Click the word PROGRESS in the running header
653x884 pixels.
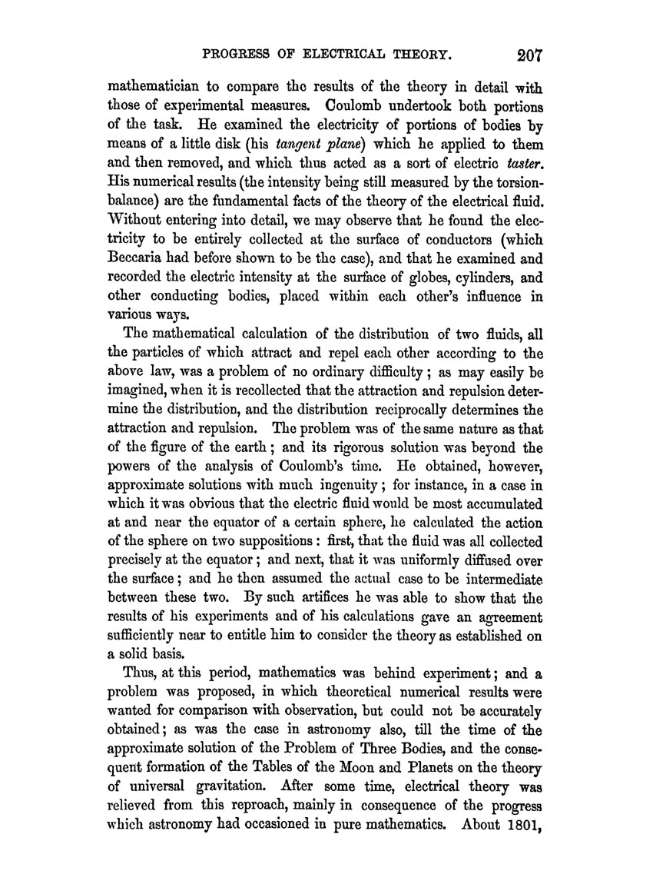(x=235, y=57)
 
